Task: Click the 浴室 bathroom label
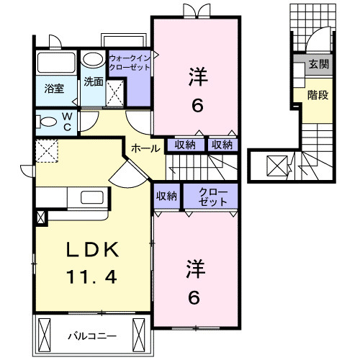55,90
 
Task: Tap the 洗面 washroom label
92,81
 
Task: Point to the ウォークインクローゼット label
130,62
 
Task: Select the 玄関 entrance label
318,64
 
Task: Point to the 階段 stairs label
318,94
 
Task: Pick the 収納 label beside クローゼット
166,196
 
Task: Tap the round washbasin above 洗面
92,60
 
